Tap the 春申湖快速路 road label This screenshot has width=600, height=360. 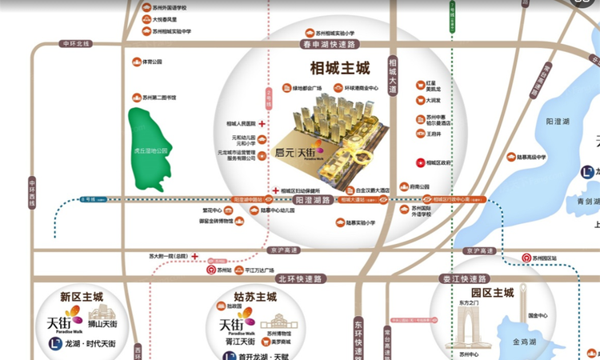point(328,45)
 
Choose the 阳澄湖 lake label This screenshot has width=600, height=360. point(557,122)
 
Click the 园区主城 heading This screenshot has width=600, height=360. point(492,294)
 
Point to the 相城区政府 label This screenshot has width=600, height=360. point(439,163)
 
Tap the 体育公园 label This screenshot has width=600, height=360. point(152,62)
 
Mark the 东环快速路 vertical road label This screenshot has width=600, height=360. point(358,328)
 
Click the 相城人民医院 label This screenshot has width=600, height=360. point(240,124)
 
